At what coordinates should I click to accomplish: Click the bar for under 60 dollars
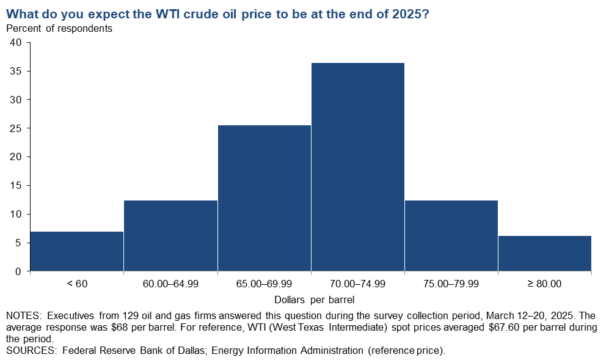[77, 251]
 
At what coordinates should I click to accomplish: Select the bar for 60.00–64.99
[170, 235]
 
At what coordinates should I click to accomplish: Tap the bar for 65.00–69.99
[264, 198]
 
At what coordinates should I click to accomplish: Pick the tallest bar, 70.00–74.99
[358, 167]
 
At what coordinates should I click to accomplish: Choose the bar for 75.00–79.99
[451, 235]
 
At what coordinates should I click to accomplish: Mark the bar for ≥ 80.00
[545, 253]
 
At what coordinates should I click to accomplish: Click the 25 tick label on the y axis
[15, 128]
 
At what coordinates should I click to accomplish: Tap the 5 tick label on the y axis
[18, 243]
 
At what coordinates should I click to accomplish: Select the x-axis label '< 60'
[77, 284]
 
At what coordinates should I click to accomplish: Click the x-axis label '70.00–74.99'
[358, 284]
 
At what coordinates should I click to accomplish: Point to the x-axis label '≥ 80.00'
[544, 284]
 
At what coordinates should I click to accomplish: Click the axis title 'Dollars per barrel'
[314, 299]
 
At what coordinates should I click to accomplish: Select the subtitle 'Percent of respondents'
[59, 28]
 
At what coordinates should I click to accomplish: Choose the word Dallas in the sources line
[189, 350]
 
